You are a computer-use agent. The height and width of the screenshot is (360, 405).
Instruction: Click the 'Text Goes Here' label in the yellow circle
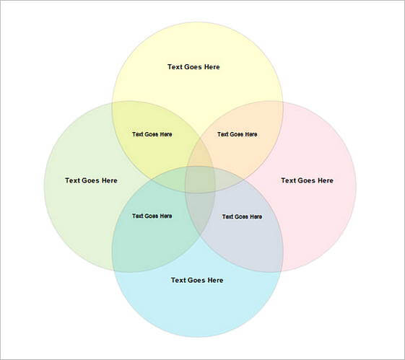tap(193, 67)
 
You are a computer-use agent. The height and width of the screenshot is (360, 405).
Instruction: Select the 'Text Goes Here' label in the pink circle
tap(307, 180)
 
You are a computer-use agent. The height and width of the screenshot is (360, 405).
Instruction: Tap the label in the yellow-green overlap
tap(152, 134)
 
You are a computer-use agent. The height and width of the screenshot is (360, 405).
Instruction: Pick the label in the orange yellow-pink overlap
tap(238, 134)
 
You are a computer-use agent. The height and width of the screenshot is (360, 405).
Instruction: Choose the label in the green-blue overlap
tap(152, 216)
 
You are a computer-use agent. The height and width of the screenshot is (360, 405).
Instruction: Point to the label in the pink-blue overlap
tap(243, 216)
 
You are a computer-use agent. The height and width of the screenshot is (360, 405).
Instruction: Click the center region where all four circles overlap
tap(200, 180)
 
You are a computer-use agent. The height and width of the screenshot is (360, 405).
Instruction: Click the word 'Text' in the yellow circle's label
tap(175, 67)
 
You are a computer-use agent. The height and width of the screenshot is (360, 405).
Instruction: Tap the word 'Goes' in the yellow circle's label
tap(193, 67)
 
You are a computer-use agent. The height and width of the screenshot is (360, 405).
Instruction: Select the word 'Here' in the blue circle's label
tap(215, 280)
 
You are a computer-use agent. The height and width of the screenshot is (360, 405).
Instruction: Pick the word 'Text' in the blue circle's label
tap(179, 280)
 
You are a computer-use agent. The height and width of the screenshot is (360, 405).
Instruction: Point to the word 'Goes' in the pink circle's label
tap(307, 180)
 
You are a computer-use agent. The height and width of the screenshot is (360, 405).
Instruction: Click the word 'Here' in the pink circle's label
tap(326, 180)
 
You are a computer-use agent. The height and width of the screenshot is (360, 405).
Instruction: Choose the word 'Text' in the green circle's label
tap(73, 180)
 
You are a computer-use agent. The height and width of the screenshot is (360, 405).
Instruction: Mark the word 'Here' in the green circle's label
tap(110, 180)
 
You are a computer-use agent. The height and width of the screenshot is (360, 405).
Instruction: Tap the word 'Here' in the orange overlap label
tap(251, 134)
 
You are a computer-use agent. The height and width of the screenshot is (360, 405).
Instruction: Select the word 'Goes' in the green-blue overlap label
tap(152, 216)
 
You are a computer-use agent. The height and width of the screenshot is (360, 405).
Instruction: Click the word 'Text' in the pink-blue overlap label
tap(228, 216)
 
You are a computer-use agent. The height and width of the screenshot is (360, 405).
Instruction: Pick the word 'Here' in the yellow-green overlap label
tap(166, 134)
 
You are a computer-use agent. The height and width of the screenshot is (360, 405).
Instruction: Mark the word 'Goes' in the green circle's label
tap(91, 180)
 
